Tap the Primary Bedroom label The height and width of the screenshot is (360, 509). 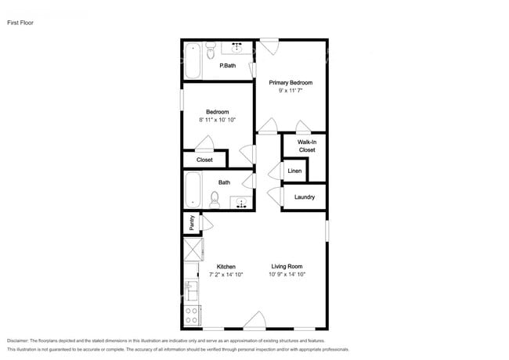point(291,82)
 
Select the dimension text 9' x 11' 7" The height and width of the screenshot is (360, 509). point(291,91)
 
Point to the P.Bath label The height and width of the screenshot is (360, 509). point(227,65)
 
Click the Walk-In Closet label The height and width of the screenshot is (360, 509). point(306,146)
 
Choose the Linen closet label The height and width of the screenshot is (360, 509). point(294,170)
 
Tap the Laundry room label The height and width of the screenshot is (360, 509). point(305,196)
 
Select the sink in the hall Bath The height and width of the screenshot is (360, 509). point(243,203)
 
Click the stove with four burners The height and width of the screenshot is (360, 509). point(191,315)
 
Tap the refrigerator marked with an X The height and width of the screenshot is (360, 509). point(192,250)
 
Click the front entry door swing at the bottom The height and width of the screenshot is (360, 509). point(254,320)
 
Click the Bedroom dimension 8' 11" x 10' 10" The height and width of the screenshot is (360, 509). point(218,120)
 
